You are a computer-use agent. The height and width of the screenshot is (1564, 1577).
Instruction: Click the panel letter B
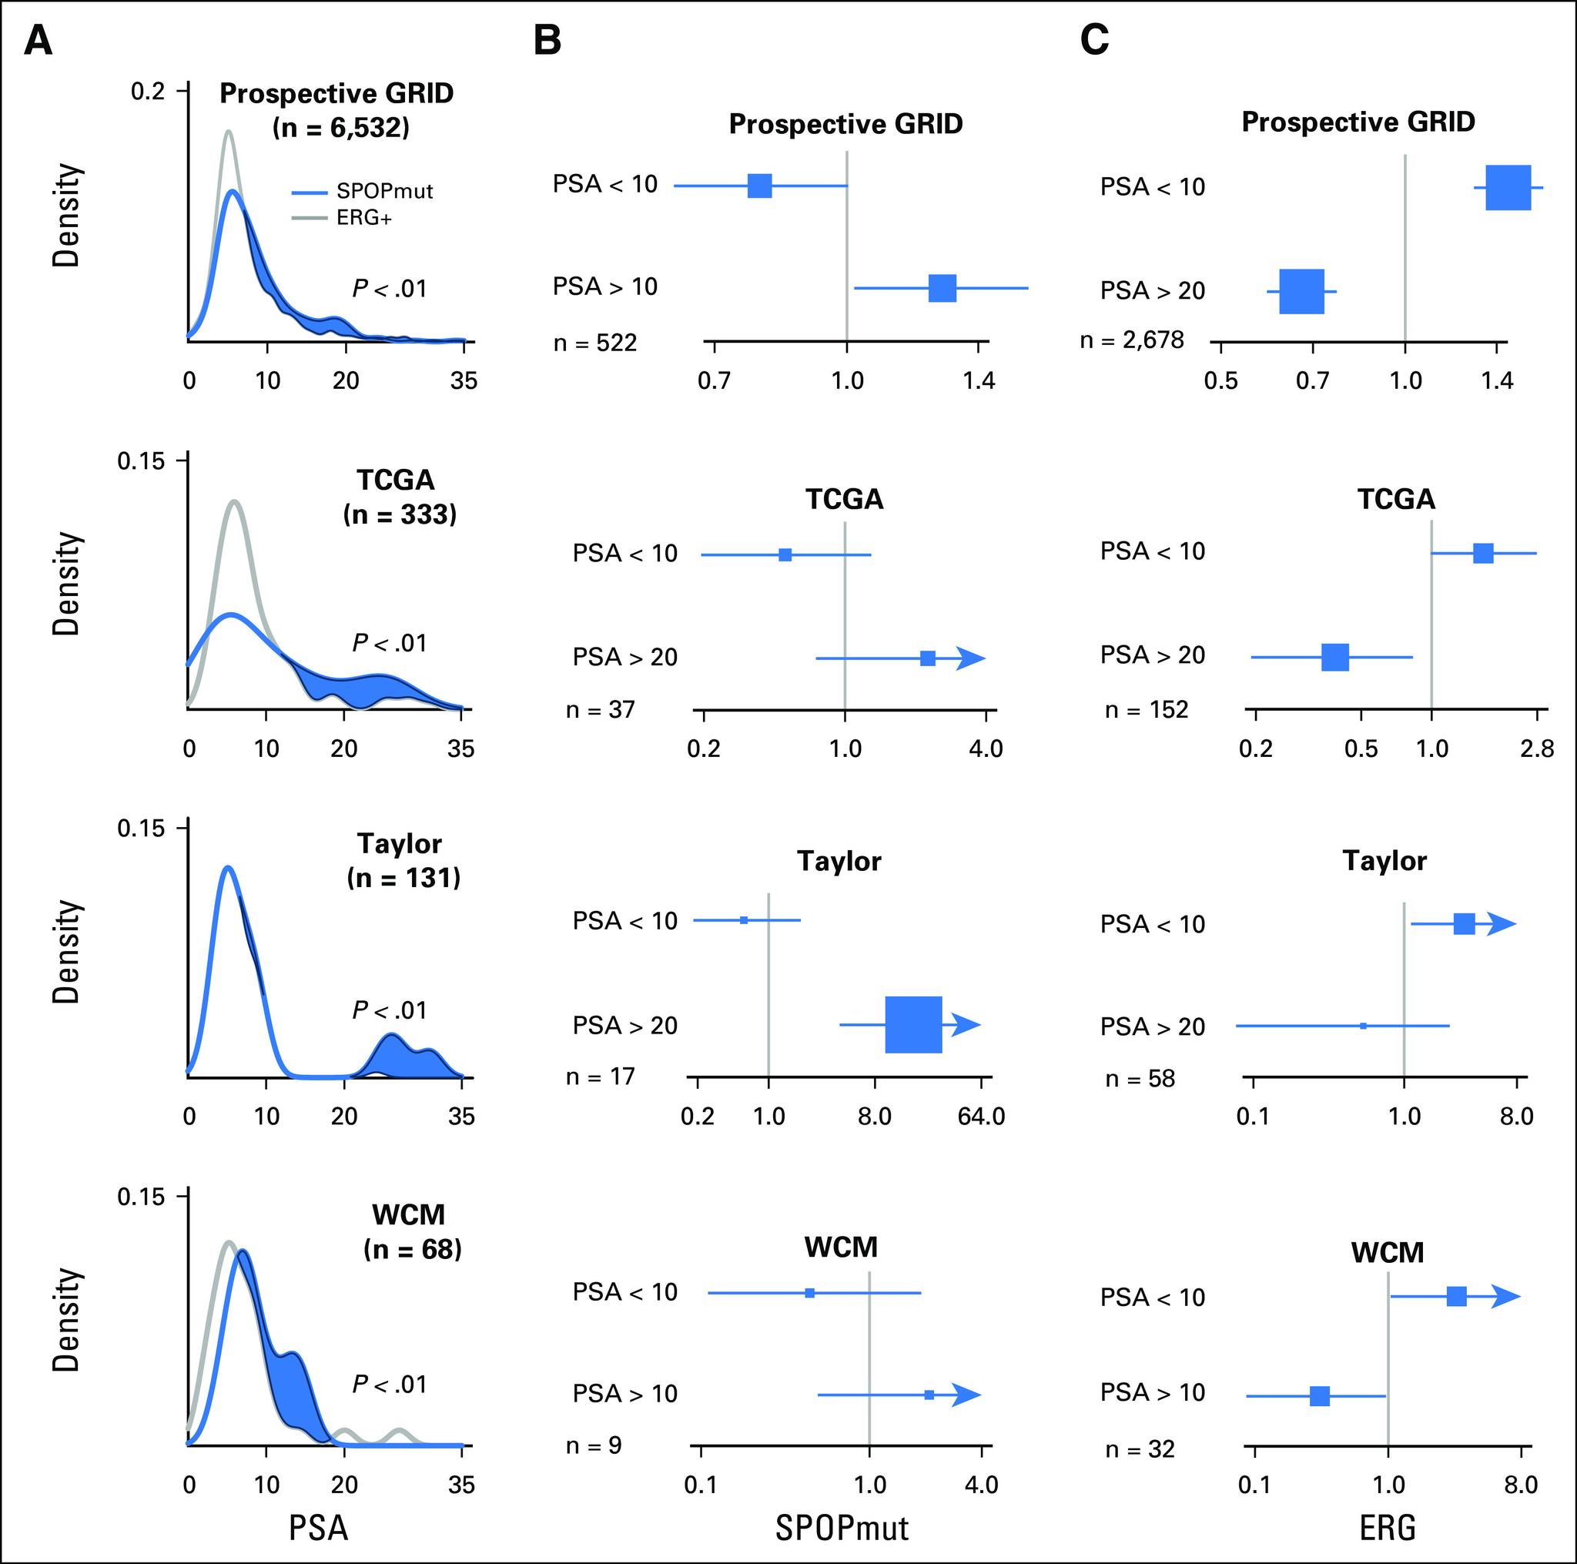point(547,40)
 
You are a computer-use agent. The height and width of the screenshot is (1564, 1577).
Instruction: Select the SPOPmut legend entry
point(363,192)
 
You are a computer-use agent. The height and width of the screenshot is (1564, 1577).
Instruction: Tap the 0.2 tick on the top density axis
point(148,92)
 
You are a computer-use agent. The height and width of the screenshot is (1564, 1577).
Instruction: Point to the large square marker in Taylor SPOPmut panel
point(913,1024)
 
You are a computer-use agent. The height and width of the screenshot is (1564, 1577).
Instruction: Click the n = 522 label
point(594,343)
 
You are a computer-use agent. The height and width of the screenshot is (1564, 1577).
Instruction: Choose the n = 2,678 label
point(1131,340)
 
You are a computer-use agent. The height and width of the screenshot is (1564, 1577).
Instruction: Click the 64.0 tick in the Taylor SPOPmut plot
point(981,1116)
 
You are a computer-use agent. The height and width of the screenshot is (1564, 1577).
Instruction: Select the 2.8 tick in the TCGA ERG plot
point(1537,749)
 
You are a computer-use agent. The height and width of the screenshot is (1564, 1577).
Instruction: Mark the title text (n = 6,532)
point(340,128)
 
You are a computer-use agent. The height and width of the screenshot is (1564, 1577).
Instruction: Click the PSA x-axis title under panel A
point(318,1528)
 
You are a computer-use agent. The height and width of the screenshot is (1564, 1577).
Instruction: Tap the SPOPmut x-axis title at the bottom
point(842,1528)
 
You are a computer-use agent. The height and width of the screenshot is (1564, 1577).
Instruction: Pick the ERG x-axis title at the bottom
point(1388,1528)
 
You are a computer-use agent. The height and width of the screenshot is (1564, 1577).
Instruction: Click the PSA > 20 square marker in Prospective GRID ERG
point(1301,291)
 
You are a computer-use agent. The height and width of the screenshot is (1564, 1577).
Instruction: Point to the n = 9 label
point(594,1445)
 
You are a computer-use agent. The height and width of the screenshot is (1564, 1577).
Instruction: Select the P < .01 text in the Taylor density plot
point(390,1010)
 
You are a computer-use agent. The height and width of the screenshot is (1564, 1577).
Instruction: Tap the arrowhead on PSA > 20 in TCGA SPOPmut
point(971,658)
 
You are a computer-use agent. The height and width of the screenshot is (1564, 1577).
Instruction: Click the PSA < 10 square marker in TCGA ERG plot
point(1483,554)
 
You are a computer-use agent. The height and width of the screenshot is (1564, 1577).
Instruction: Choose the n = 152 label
point(1146,710)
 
